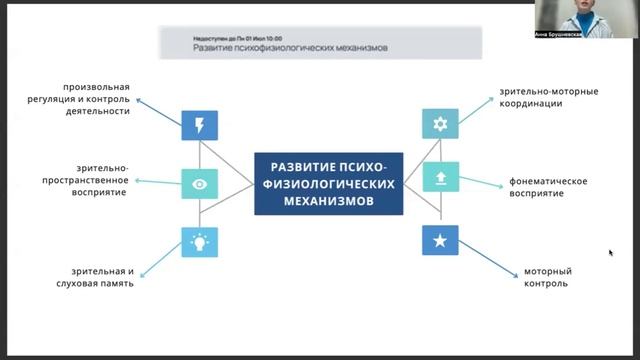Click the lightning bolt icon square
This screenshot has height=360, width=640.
[x=199, y=125]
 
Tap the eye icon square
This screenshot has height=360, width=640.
[x=199, y=184]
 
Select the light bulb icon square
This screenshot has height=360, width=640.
[x=199, y=242]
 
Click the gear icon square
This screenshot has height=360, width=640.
[x=440, y=125]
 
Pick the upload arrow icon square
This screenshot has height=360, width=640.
[x=440, y=179]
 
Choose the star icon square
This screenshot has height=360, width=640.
[x=440, y=241]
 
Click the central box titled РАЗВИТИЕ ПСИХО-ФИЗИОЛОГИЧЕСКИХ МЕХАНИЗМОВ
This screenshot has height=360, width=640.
[x=328, y=184]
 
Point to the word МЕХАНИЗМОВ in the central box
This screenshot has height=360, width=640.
[x=328, y=201]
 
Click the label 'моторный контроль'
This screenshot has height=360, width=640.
[x=547, y=277]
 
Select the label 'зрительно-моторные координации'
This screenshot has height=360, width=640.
[x=549, y=97]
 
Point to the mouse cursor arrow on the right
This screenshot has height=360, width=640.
[x=610, y=252]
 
